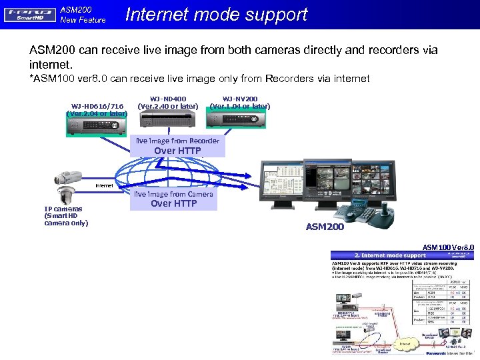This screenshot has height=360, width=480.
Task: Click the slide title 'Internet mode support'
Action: click(x=216, y=15)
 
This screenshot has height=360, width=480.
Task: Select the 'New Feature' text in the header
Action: click(x=83, y=20)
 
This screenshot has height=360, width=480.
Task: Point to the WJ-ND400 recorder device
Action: click(x=167, y=119)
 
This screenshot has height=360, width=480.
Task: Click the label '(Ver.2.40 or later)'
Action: click(x=167, y=106)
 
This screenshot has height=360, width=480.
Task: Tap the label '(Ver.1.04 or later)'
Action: click(x=240, y=106)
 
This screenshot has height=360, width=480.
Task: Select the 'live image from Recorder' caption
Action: click(x=177, y=141)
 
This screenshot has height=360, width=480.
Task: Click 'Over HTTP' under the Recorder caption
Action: click(x=177, y=151)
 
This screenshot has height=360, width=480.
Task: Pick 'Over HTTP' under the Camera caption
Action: click(x=174, y=203)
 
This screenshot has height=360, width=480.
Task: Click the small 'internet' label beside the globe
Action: click(x=105, y=185)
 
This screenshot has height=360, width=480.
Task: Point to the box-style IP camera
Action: click(x=68, y=177)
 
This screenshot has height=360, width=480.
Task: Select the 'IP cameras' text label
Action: click(x=63, y=209)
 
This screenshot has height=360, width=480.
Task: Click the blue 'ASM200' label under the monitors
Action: click(x=325, y=227)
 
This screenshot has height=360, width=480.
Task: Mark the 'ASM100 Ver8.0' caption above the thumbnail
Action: click(x=448, y=247)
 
